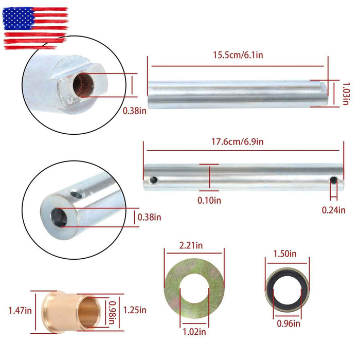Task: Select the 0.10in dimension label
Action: click(209, 200)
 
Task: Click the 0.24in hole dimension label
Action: click(334, 209)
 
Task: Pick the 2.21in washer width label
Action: click(192, 246)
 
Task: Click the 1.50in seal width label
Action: click(286, 254)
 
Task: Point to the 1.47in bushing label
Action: click(19, 310)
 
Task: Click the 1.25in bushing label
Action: click(136, 310)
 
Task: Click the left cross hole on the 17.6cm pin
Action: click(153, 180)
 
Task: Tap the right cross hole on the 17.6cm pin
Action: click(333, 180)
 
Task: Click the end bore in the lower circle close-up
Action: click(58, 217)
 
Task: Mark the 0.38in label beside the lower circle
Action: click(149, 218)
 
